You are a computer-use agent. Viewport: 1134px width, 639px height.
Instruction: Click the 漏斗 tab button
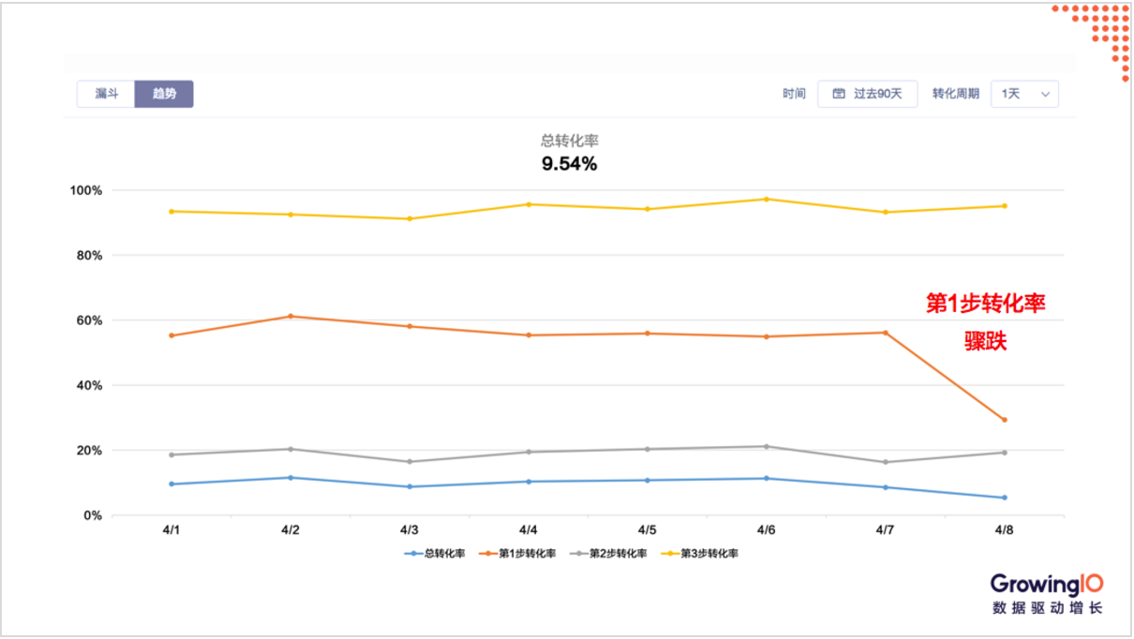point(106,94)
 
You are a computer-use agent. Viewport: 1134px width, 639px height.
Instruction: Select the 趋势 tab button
point(164,94)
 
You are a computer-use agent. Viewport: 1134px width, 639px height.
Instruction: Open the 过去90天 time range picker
point(867,94)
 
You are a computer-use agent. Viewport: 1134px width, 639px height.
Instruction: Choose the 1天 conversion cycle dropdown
point(1023,94)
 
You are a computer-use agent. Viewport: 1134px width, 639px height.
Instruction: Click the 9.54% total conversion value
point(569,164)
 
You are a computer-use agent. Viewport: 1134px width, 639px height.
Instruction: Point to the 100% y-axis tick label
point(86,190)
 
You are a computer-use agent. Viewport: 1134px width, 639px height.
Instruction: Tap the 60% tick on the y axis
point(89,320)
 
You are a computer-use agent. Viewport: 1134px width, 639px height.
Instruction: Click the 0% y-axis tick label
point(92,515)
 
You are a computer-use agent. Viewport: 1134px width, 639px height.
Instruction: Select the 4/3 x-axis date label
point(410,530)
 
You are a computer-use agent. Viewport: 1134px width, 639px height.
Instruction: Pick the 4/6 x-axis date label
point(766,530)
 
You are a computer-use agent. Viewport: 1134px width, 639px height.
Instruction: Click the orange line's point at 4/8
point(1004,420)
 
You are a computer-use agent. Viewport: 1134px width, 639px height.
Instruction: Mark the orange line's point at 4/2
point(291,317)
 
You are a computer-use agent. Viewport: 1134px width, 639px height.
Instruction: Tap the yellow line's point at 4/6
point(766,200)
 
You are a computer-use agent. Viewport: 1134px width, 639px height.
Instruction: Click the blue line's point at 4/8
point(1004,498)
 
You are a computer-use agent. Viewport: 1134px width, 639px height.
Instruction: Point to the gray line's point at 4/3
point(410,462)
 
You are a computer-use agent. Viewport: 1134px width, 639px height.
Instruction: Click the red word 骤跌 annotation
point(986,342)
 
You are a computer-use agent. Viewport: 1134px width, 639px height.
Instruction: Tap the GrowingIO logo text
point(1047,583)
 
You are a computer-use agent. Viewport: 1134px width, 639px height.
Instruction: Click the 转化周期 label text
point(955,94)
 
